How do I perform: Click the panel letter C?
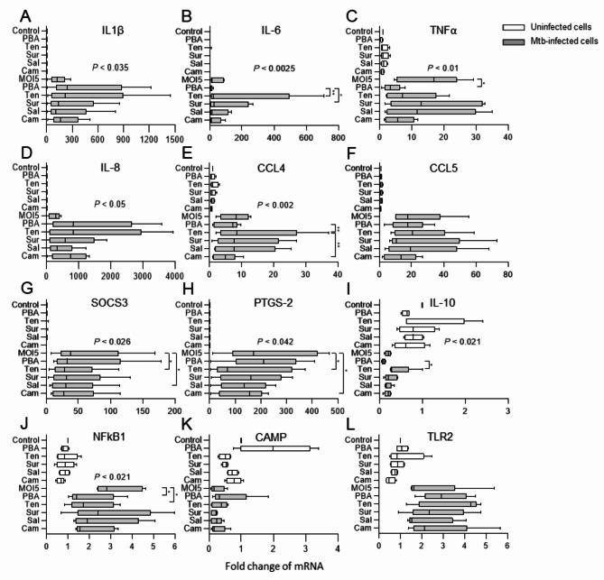tap(359, 14)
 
